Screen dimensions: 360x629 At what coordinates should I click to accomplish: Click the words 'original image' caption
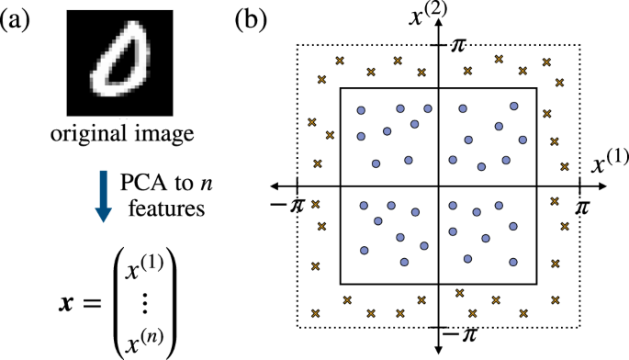coord(120,135)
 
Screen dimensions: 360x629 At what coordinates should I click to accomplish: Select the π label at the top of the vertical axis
coord(462,43)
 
